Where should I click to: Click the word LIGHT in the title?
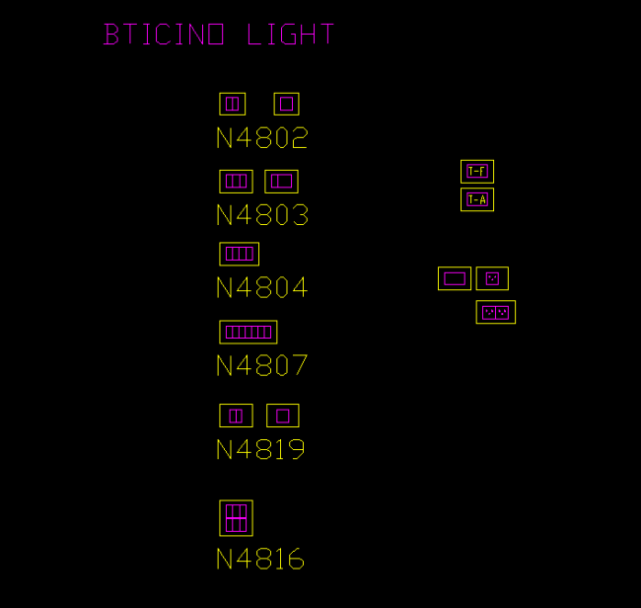(290, 36)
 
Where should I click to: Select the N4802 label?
(261, 138)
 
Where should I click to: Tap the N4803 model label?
(261, 215)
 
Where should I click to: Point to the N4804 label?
(261, 288)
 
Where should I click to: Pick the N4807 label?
(261, 366)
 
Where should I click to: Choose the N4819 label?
(260, 450)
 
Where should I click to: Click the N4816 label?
(259, 560)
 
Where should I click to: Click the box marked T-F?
(477, 172)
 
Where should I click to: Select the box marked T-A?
(477, 199)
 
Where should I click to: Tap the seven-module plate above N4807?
(248, 332)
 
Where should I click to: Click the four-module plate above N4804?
(239, 254)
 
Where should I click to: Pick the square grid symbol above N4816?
(236, 518)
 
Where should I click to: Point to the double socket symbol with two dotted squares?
(495, 313)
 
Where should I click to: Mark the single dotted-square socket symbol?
(492, 278)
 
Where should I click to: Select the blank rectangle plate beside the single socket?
(455, 278)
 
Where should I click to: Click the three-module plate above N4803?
(236, 182)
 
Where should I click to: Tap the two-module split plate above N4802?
(232, 104)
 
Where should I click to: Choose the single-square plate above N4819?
(283, 416)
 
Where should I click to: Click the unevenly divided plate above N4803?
(282, 182)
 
